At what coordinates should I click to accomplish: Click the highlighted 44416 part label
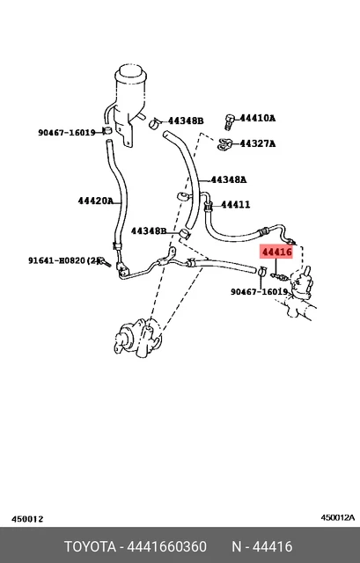tap(276, 252)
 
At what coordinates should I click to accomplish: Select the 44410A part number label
tap(258, 118)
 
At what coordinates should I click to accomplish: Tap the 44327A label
tap(258, 143)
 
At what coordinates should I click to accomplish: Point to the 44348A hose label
tap(229, 179)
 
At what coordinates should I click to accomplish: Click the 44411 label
tap(235, 205)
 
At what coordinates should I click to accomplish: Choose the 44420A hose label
tap(96, 201)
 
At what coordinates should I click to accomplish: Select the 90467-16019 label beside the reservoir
tap(67, 133)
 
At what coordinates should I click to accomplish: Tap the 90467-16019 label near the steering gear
tap(259, 292)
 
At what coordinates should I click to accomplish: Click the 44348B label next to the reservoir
tap(186, 121)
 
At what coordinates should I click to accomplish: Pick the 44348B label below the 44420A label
tap(149, 230)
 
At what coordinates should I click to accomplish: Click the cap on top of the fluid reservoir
tap(131, 74)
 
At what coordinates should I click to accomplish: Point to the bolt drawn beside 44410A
tap(230, 122)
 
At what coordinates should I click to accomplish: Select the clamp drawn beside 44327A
tap(225, 144)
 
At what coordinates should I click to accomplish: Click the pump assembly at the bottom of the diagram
tap(138, 339)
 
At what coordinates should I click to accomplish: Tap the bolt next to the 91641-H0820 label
tap(106, 262)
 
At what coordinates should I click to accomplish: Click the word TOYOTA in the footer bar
tap(90, 547)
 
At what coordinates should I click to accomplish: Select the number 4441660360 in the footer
tap(167, 547)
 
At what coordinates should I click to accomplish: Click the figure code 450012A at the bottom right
tap(338, 517)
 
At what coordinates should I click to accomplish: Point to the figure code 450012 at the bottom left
tap(27, 519)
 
